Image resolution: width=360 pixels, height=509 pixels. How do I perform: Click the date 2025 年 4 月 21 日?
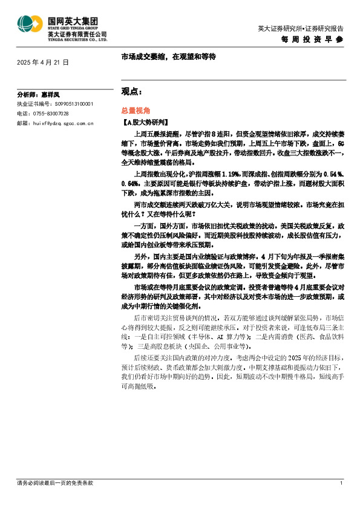point(43,62)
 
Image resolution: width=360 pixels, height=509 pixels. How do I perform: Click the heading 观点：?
point(132,91)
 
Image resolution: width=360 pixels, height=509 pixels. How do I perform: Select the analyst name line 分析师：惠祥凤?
point(39,95)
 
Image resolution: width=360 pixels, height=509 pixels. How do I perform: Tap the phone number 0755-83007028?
point(51,113)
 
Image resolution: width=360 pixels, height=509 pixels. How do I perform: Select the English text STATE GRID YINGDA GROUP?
point(74,27)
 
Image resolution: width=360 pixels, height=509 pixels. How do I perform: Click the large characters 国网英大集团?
point(74,20)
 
